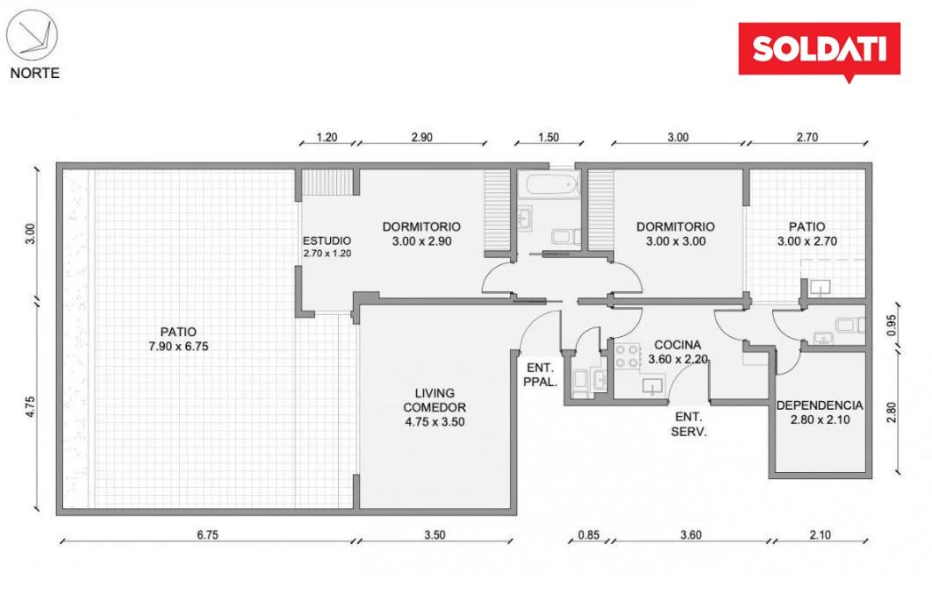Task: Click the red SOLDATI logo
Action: coord(819,51)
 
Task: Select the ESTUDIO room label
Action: coord(327,240)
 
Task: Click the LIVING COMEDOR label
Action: coord(434,400)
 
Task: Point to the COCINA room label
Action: coord(677,345)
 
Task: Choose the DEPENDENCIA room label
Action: coord(820,405)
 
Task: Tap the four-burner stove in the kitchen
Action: coord(627,355)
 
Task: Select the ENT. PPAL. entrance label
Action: coord(540,376)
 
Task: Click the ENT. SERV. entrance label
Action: coord(689,425)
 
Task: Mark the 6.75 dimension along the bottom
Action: coord(207,534)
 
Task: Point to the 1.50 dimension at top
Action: coord(548,138)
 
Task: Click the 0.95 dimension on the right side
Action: coord(891,325)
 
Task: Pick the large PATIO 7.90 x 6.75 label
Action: coord(178,339)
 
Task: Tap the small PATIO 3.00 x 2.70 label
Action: coord(807,233)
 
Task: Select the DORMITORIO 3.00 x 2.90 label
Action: coord(421,233)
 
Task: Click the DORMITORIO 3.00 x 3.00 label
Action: coord(675,233)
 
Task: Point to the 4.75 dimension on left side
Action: coord(31,406)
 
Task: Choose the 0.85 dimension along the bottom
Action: coord(589,534)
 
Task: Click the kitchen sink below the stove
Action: coord(653,386)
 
